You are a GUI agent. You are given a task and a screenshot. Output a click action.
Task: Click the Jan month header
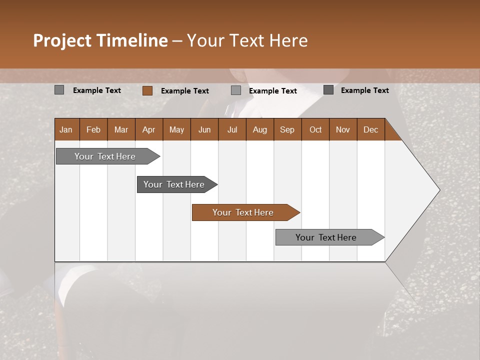pyautogui.click(x=66, y=129)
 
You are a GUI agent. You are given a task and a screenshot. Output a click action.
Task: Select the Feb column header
pyautogui.click(x=93, y=129)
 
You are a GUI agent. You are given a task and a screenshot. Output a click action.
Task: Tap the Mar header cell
pyautogui.click(x=121, y=129)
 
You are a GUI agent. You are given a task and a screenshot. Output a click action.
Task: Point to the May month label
pyautogui.click(x=176, y=129)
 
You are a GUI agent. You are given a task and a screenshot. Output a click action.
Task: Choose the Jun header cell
pyautogui.click(x=204, y=129)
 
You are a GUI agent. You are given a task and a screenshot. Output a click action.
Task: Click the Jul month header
pyautogui.click(x=232, y=129)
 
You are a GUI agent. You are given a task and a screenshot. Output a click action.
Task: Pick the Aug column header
pyautogui.click(x=260, y=129)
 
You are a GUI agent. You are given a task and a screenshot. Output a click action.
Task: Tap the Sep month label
pyautogui.click(x=287, y=129)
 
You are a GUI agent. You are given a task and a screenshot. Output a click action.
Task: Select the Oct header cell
pyautogui.click(x=315, y=129)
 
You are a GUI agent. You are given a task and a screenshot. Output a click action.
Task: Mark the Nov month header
pyautogui.click(x=343, y=129)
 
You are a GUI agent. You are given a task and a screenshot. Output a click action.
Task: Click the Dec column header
pyautogui.click(x=370, y=129)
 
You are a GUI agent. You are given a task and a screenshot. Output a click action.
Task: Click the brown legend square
pyautogui.click(x=147, y=90)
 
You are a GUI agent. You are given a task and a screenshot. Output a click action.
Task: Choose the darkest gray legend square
pyautogui.click(x=328, y=90)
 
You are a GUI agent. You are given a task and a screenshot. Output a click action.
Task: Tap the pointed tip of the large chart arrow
pyautogui.click(x=439, y=190)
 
